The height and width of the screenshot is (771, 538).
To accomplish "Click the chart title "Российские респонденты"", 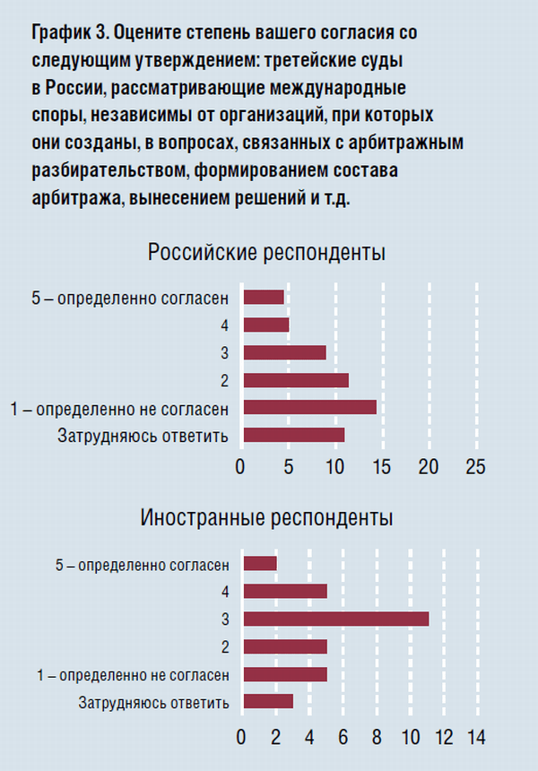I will click(267, 253).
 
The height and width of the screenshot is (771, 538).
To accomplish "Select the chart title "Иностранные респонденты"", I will click(266, 518).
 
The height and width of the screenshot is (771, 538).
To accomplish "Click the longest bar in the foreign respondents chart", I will click(336, 619).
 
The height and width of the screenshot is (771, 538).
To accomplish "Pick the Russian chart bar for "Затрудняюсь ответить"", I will click(294, 435).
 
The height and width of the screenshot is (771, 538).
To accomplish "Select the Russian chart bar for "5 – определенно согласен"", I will click(264, 297).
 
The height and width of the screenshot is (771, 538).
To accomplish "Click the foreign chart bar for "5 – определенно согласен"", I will click(260, 563).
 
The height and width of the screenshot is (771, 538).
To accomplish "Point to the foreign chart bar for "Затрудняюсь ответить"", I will click(268, 701).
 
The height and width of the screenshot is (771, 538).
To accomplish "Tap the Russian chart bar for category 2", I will click(296, 380).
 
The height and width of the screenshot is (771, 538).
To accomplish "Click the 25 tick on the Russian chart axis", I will click(475, 467).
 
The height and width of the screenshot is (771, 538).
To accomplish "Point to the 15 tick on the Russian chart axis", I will click(381, 467).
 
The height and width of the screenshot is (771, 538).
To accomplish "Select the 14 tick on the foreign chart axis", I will click(475, 738).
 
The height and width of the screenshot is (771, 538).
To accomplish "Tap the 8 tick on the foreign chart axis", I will click(377, 738).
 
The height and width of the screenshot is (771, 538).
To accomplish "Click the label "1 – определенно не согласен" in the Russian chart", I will click(119, 409).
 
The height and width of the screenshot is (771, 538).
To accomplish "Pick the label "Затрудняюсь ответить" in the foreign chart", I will click(154, 702).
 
